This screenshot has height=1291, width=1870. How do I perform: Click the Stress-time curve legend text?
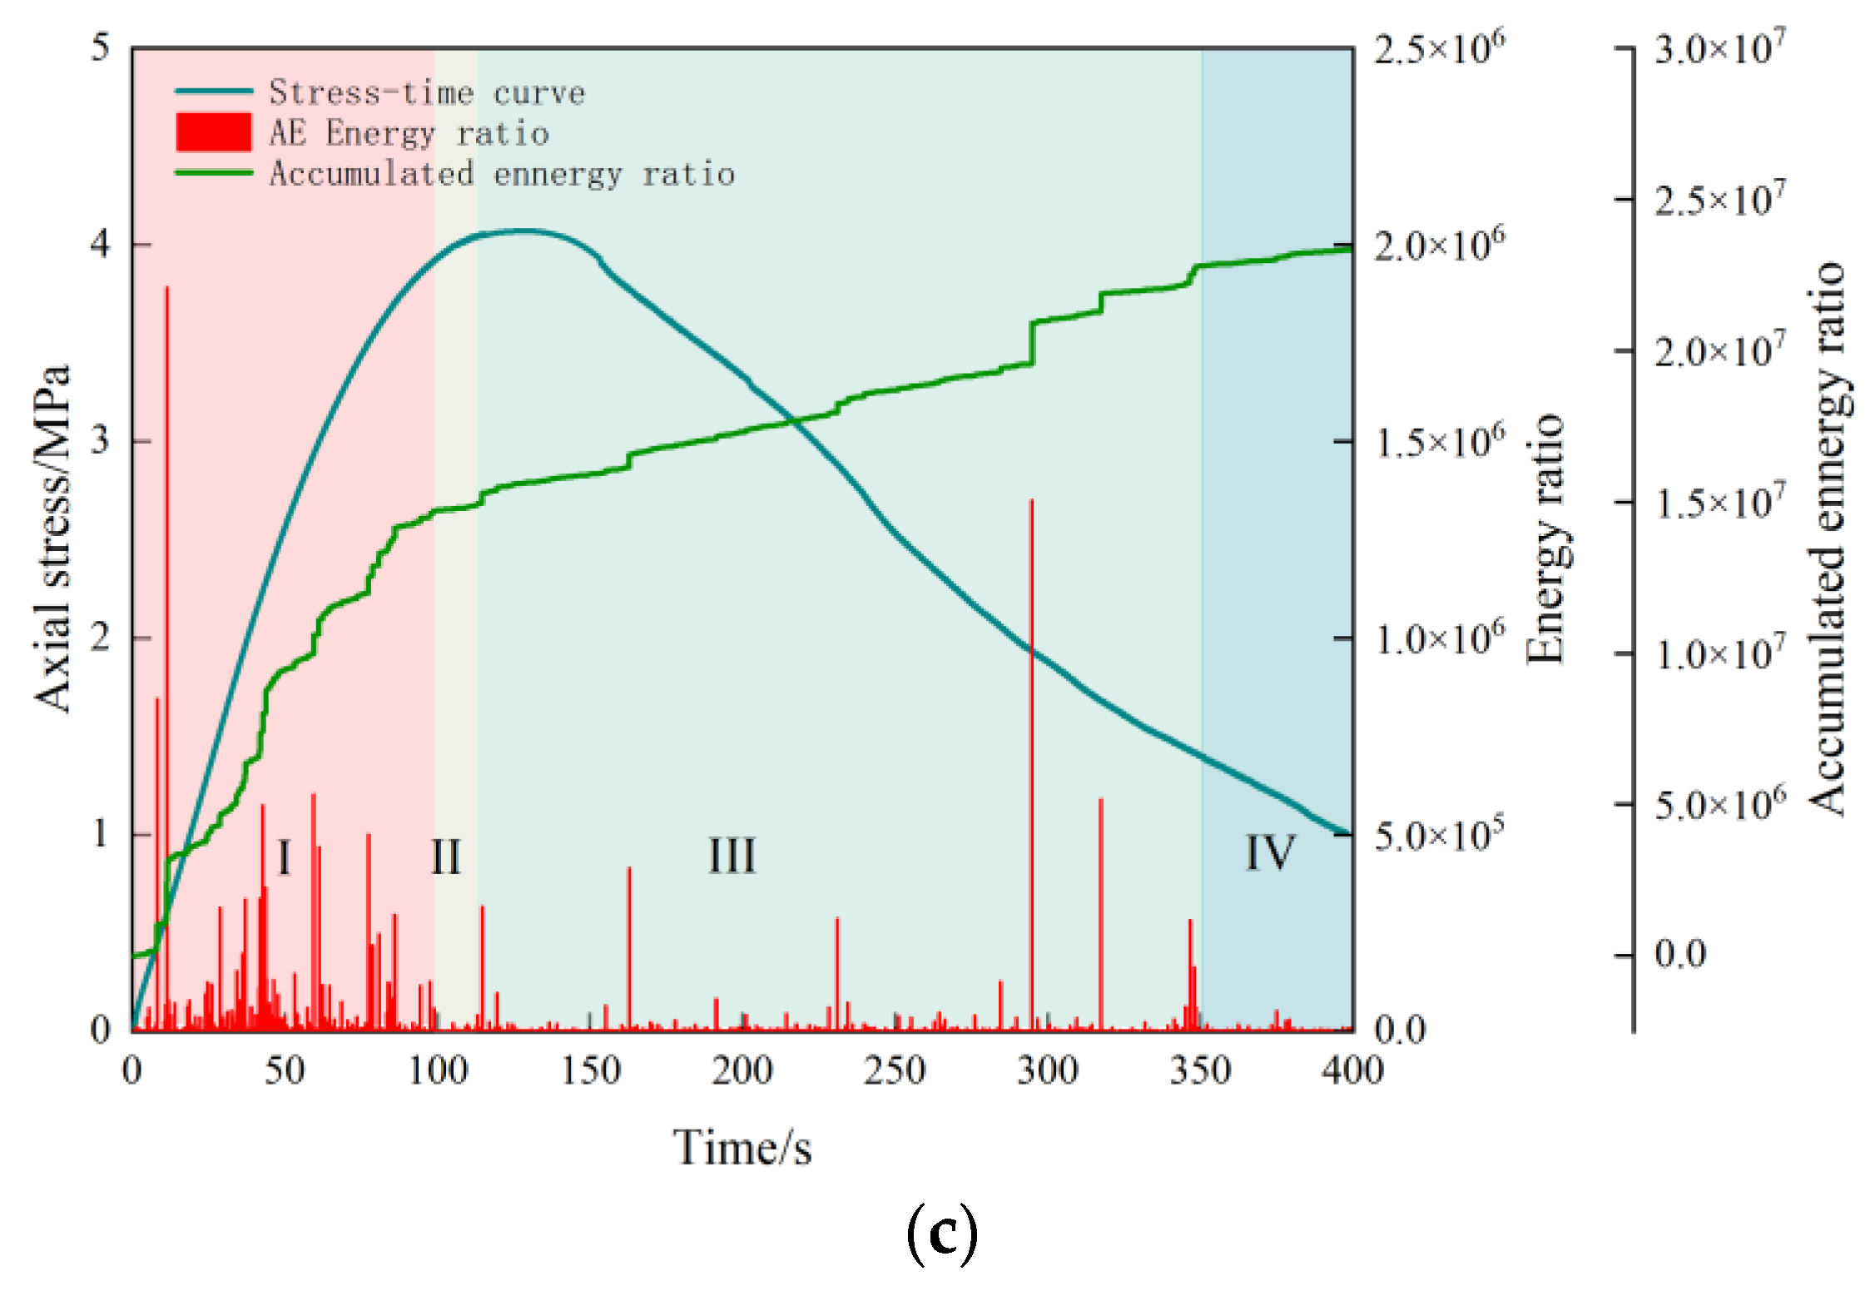point(426,92)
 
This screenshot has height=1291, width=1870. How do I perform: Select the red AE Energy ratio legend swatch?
point(213,133)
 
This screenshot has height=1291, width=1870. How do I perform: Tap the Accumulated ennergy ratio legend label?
point(502,174)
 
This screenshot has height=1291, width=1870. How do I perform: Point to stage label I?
point(283,857)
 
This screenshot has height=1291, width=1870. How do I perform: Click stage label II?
point(445,857)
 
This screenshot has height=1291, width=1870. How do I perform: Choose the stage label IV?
point(1270,853)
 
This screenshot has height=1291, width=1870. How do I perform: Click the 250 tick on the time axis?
point(895,1070)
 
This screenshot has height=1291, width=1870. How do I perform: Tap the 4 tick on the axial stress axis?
point(101,245)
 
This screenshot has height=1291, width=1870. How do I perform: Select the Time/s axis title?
point(742,1148)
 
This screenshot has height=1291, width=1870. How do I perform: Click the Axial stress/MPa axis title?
point(52,538)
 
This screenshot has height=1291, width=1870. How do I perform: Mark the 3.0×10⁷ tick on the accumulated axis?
point(1719,48)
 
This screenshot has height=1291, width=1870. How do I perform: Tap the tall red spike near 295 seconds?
point(1031,749)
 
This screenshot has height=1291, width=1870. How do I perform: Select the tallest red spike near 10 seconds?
point(166,583)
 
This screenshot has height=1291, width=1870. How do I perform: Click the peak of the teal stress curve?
point(523,231)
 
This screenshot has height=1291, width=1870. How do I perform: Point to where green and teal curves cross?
point(796,421)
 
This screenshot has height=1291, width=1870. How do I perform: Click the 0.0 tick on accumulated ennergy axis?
point(1679,955)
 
